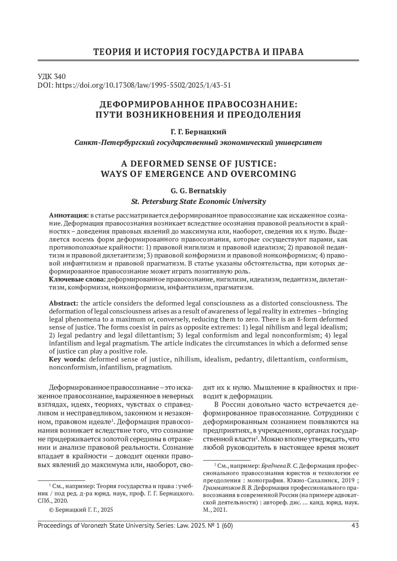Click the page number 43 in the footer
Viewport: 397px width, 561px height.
pos(355,526)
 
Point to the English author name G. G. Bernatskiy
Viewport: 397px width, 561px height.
pos(198,191)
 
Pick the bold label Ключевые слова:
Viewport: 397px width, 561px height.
pos(78,280)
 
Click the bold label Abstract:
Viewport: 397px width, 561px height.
pos(64,303)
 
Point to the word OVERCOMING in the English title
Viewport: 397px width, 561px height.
pos(265,174)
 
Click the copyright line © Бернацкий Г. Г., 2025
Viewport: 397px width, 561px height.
pos(81,509)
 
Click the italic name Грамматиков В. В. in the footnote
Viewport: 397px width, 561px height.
pos(227,488)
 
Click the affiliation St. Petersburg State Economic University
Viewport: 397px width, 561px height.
pos(198,201)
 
